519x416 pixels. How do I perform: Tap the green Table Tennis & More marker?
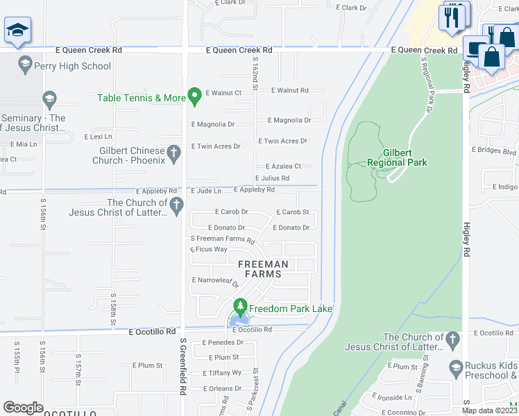point(195,97)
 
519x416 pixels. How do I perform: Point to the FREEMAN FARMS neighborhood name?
point(263,269)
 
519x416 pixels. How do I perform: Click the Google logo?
point(23,407)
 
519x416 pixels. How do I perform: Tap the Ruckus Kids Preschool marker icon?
point(456,367)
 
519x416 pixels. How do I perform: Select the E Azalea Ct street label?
point(283,166)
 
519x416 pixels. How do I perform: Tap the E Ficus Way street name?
point(209,250)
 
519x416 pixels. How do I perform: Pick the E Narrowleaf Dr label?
point(215,281)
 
